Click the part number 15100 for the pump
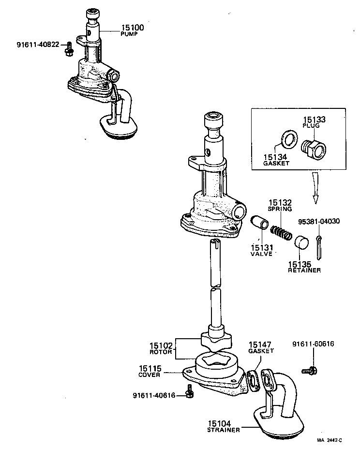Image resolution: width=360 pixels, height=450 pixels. point(132,28)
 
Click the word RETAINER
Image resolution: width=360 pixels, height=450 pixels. point(304,270)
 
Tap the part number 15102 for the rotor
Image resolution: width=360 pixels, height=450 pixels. point(160,346)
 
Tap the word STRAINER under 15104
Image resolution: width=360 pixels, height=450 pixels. point(223,430)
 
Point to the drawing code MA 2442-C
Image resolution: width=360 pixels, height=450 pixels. point(330,440)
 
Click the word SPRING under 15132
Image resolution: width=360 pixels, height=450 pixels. point(280,209)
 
